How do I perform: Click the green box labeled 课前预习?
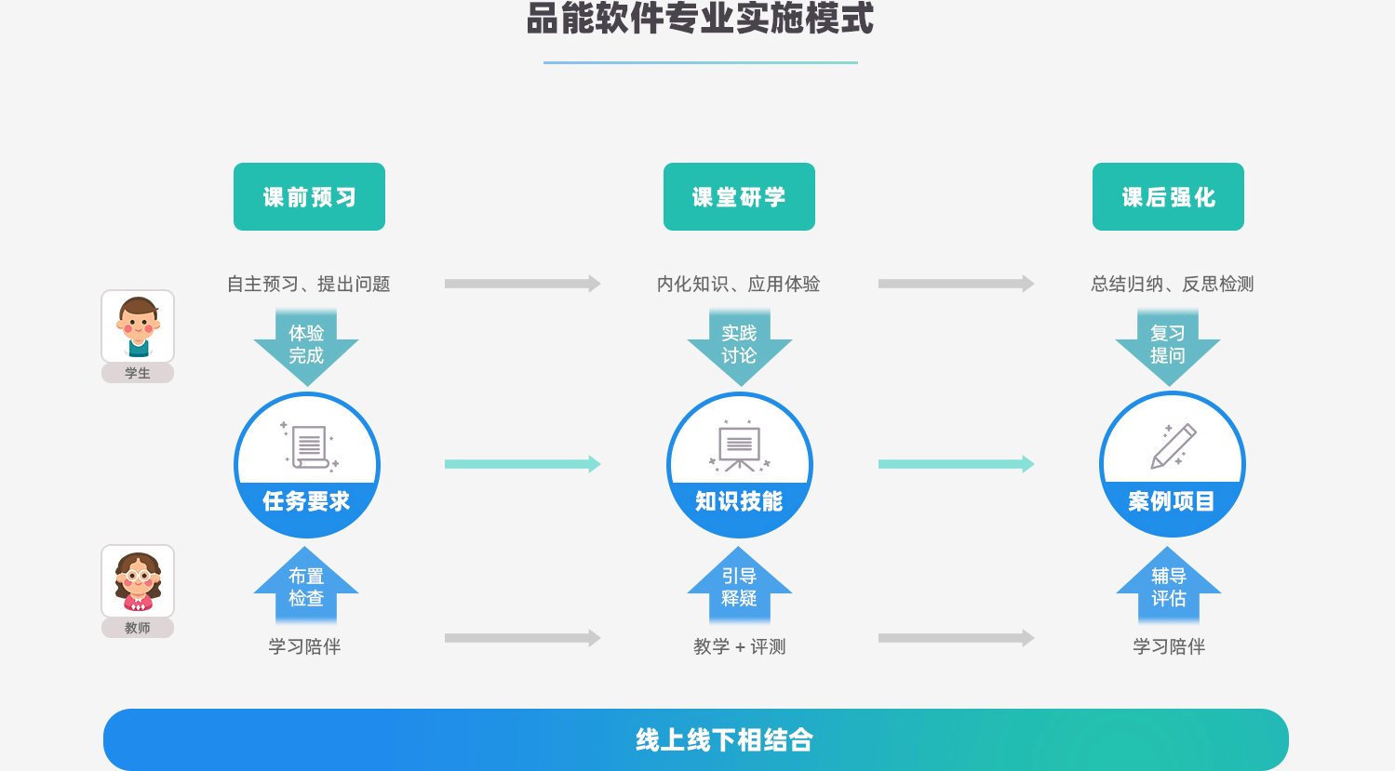(x=309, y=197)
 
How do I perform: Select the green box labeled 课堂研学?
(x=739, y=197)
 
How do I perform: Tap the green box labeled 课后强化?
(x=1168, y=197)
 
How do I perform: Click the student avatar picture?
(x=138, y=326)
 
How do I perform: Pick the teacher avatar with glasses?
(x=138, y=581)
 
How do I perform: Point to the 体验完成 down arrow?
(x=306, y=346)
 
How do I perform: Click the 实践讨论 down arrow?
(x=739, y=346)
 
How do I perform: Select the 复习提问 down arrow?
(x=1168, y=346)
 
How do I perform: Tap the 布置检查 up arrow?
(x=306, y=586)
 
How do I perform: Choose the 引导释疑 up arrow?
(x=739, y=586)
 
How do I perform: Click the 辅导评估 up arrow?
(x=1169, y=586)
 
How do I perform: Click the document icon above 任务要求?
(x=310, y=446)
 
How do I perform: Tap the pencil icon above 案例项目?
(x=1173, y=445)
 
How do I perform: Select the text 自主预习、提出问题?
(x=309, y=284)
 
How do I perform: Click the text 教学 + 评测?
(x=740, y=646)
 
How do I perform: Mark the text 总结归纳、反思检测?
(x=1173, y=284)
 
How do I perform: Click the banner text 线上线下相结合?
(x=724, y=740)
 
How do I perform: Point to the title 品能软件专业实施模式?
(x=700, y=19)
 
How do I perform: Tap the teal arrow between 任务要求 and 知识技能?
(x=522, y=464)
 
